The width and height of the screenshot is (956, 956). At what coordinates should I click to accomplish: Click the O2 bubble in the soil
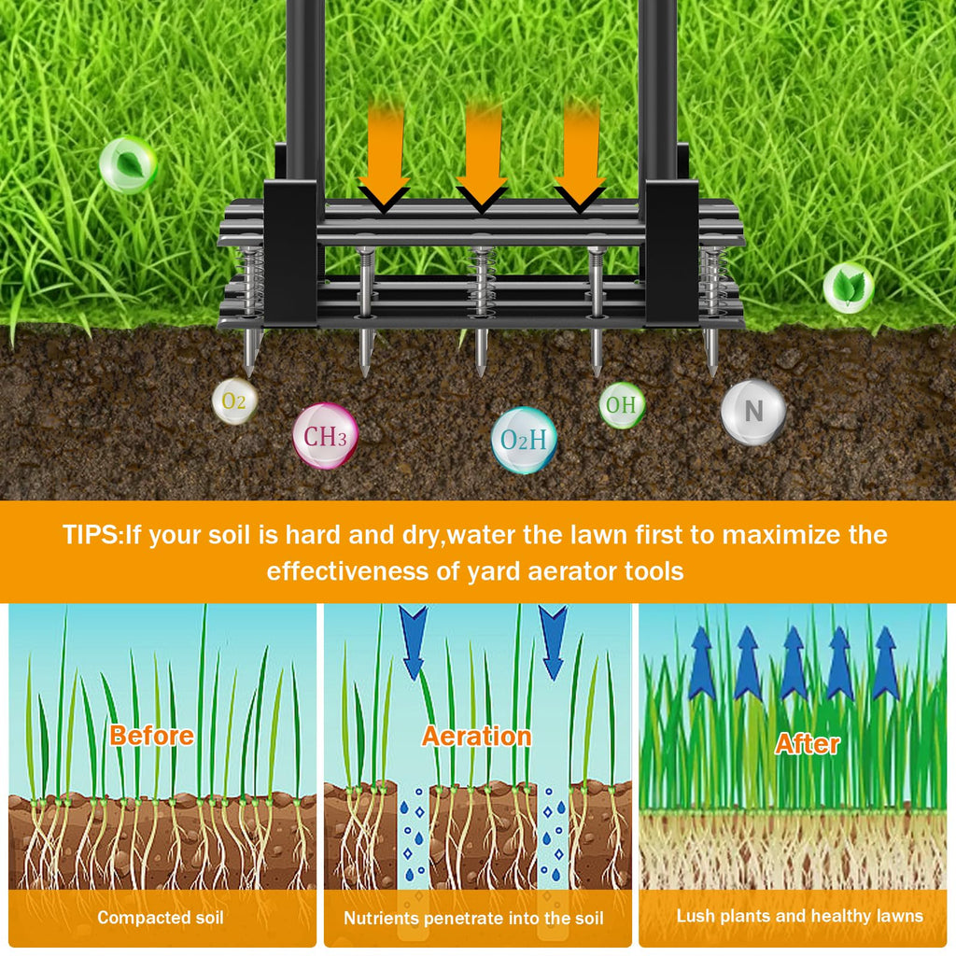[234, 401]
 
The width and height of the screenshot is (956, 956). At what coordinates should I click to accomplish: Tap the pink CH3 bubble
[325, 437]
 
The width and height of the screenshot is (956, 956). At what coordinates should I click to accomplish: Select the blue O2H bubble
[524, 441]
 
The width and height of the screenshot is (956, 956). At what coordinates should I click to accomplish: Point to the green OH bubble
[621, 405]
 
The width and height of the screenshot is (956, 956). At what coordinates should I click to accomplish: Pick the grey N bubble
[753, 411]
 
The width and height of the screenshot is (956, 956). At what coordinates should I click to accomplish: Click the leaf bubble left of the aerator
[128, 164]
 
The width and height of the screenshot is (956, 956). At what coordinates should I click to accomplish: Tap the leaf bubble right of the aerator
[848, 288]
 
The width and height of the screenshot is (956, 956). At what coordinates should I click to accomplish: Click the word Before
[152, 736]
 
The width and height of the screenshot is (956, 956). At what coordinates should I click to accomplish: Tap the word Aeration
[477, 737]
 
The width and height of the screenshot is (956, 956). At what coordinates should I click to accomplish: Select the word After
[808, 744]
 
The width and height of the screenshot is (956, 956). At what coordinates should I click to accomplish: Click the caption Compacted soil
[161, 918]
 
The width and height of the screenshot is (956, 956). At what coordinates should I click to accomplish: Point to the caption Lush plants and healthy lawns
[800, 916]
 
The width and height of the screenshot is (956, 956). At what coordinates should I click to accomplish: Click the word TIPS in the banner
[91, 535]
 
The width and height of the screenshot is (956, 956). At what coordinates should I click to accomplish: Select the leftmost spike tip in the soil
[248, 373]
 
